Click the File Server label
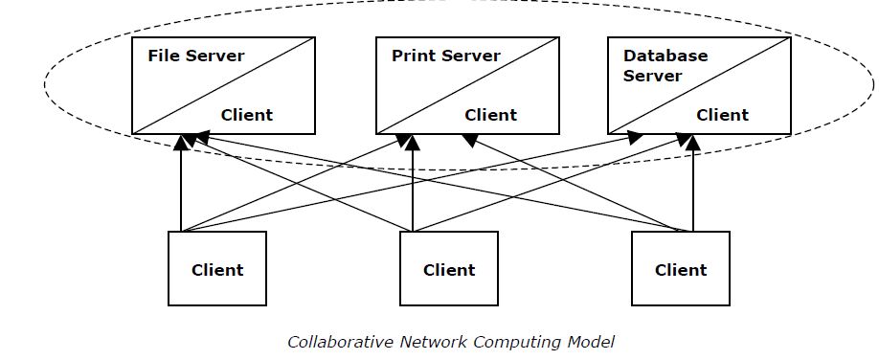[195, 56]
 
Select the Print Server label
[445, 56]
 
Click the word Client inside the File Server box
[246, 115]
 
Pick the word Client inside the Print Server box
[490, 115]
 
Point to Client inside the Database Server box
[722, 115]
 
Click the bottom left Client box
[217, 269]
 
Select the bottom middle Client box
[449, 269]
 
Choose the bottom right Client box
[681, 269]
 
